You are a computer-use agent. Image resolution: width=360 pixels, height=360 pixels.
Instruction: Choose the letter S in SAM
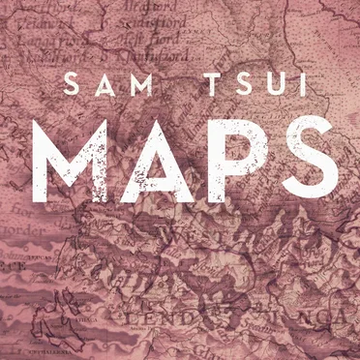pos(69,85)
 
